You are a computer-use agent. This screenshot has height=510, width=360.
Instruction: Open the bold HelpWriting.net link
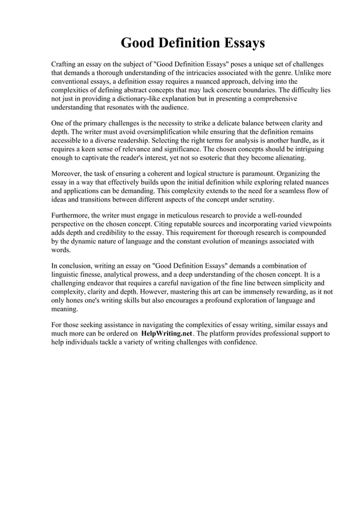click(x=166, y=334)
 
